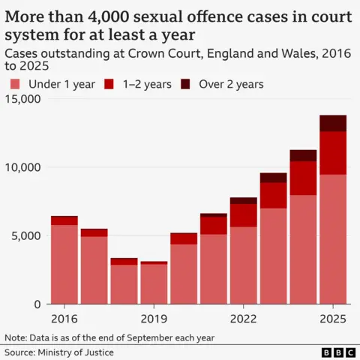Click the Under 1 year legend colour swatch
coord(14,84)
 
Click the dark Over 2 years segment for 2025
coord(332,123)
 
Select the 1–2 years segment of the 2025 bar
coord(332,153)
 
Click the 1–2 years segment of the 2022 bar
coord(243,215)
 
